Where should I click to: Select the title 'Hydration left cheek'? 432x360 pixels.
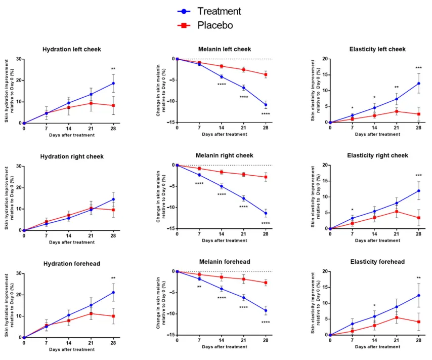[x=71, y=49]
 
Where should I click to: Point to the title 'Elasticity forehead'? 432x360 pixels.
[x=377, y=262]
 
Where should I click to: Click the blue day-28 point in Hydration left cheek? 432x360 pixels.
[x=113, y=84]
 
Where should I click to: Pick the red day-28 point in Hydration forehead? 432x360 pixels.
[x=113, y=316]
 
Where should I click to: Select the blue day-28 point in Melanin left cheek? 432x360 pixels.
[x=266, y=105]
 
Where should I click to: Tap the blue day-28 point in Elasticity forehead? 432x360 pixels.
[x=419, y=296]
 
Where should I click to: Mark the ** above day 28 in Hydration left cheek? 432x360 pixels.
[x=113, y=69]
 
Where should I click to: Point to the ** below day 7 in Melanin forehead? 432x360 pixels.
[x=199, y=287]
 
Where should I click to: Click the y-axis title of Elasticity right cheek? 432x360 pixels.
[x=314, y=197]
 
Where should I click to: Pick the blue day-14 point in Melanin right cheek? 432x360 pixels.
[x=222, y=186]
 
